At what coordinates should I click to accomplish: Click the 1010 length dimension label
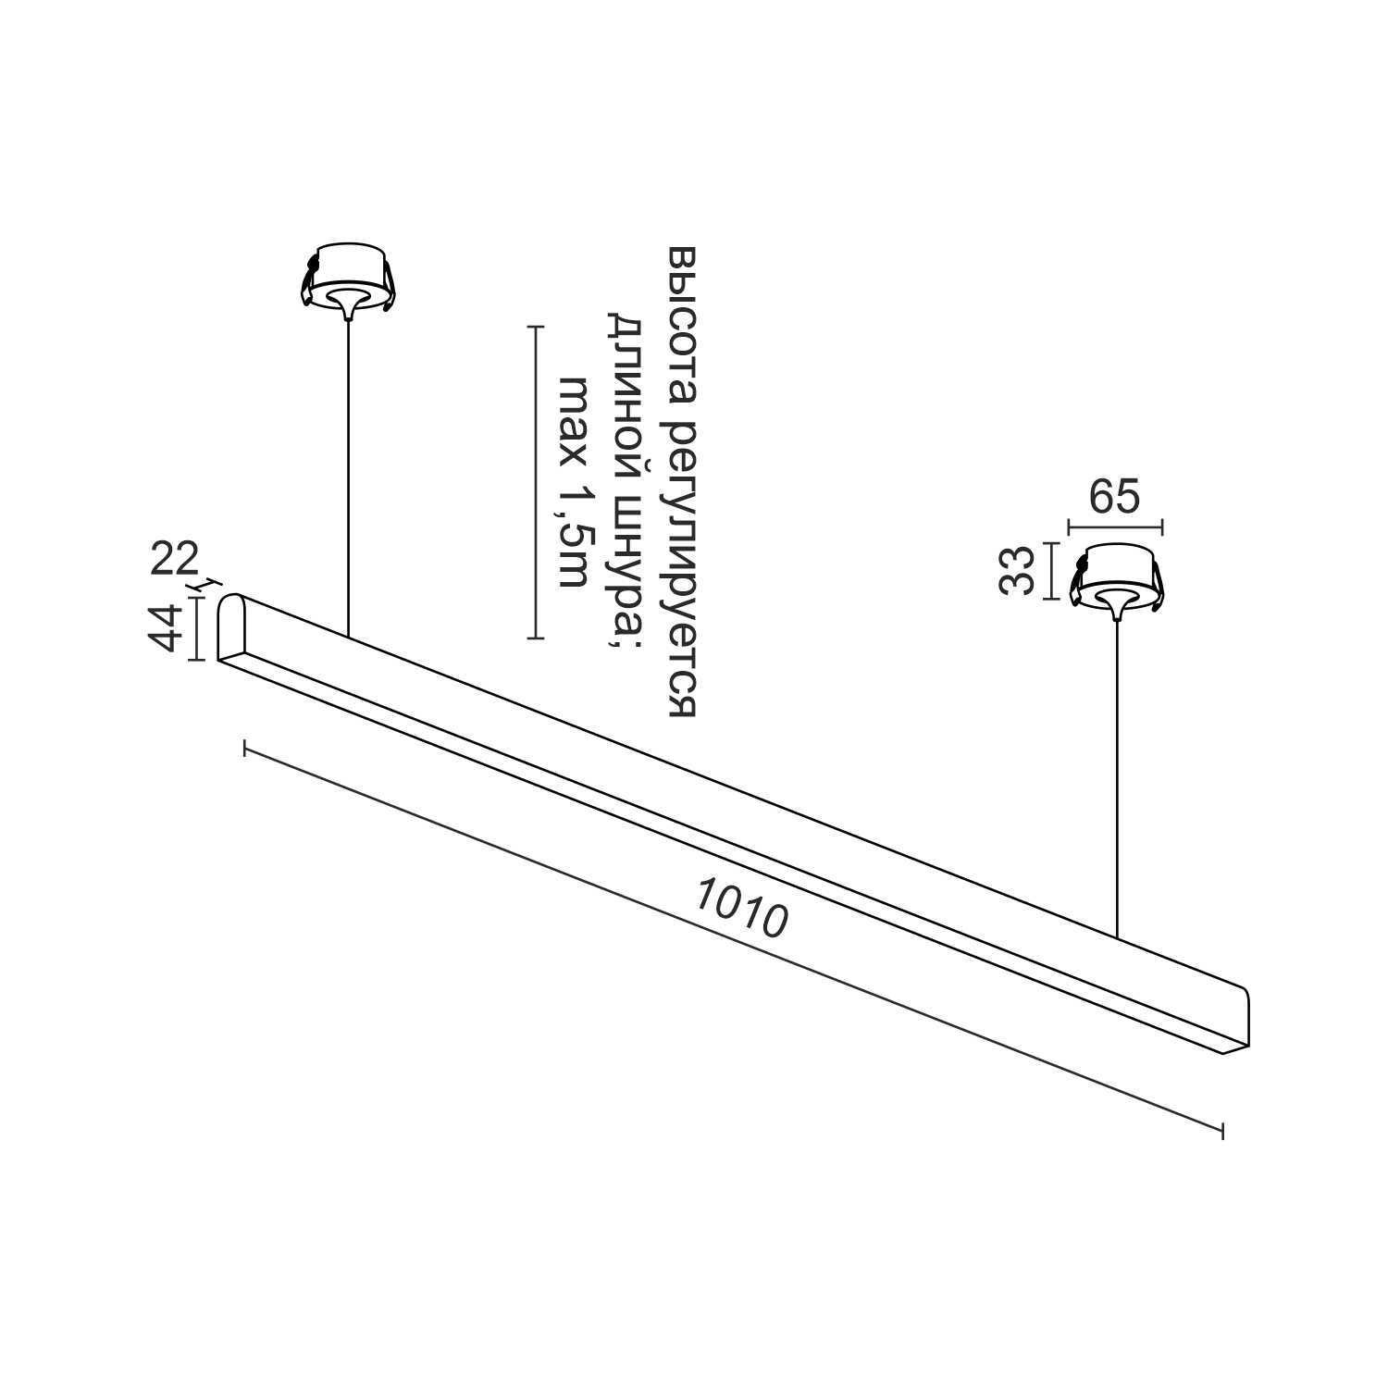741,908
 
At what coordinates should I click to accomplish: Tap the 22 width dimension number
175,560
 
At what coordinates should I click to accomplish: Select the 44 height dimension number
167,629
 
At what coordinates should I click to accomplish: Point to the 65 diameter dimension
1113,498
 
